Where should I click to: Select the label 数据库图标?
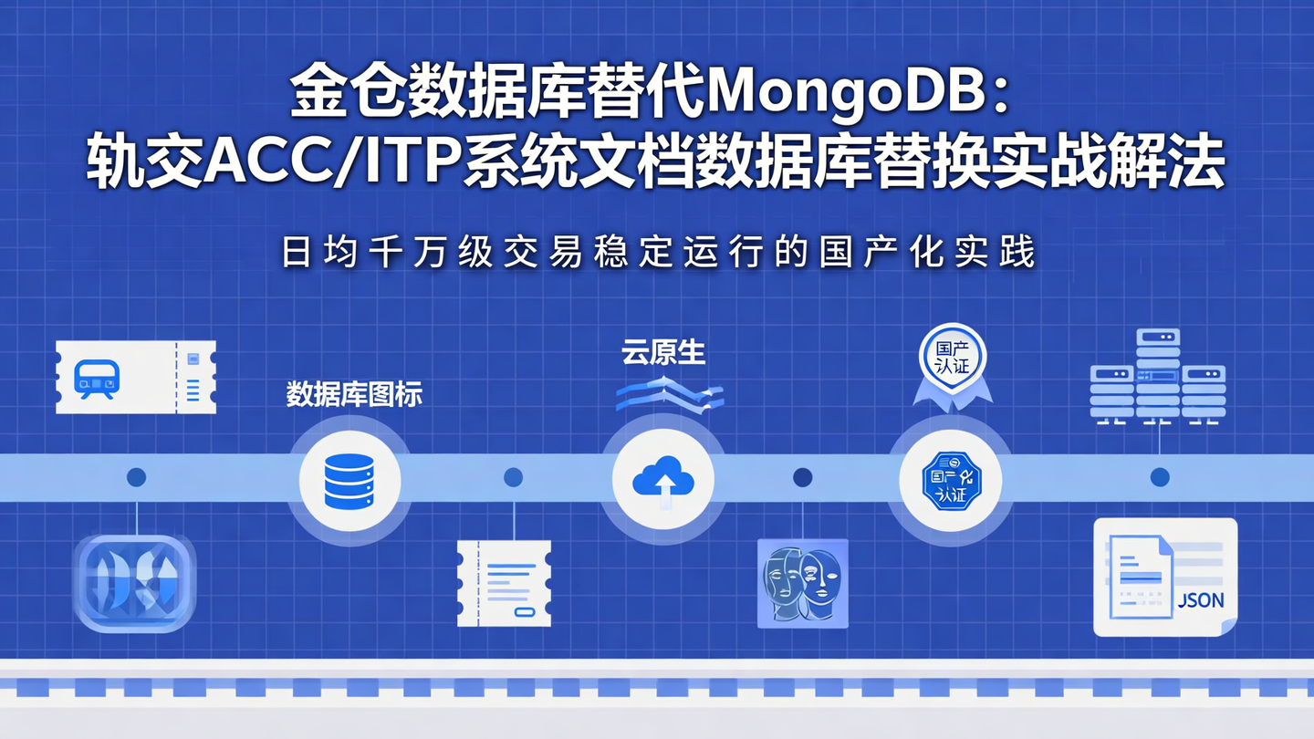(x=354, y=395)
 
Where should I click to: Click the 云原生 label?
(x=663, y=353)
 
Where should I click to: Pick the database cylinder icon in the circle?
(x=349, y=481)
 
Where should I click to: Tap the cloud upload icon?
(x=663, y=480)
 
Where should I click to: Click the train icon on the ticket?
(x=96, y=377)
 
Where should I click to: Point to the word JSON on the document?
(x=1201, y=600)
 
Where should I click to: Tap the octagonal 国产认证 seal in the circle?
(x=952, y=480)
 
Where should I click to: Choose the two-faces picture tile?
(x=803, y=583)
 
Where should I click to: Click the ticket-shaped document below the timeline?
(x=504, y=583)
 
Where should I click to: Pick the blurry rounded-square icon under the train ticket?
(x=135, y=584)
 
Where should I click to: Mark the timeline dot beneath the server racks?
(x=1160, y=477)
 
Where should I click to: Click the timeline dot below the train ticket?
(x=136, y=477)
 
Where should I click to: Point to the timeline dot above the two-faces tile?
(x=803, y=477)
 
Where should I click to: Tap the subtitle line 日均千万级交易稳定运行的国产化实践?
(x=658, y=253)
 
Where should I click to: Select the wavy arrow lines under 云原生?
(x=669, y=395)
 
